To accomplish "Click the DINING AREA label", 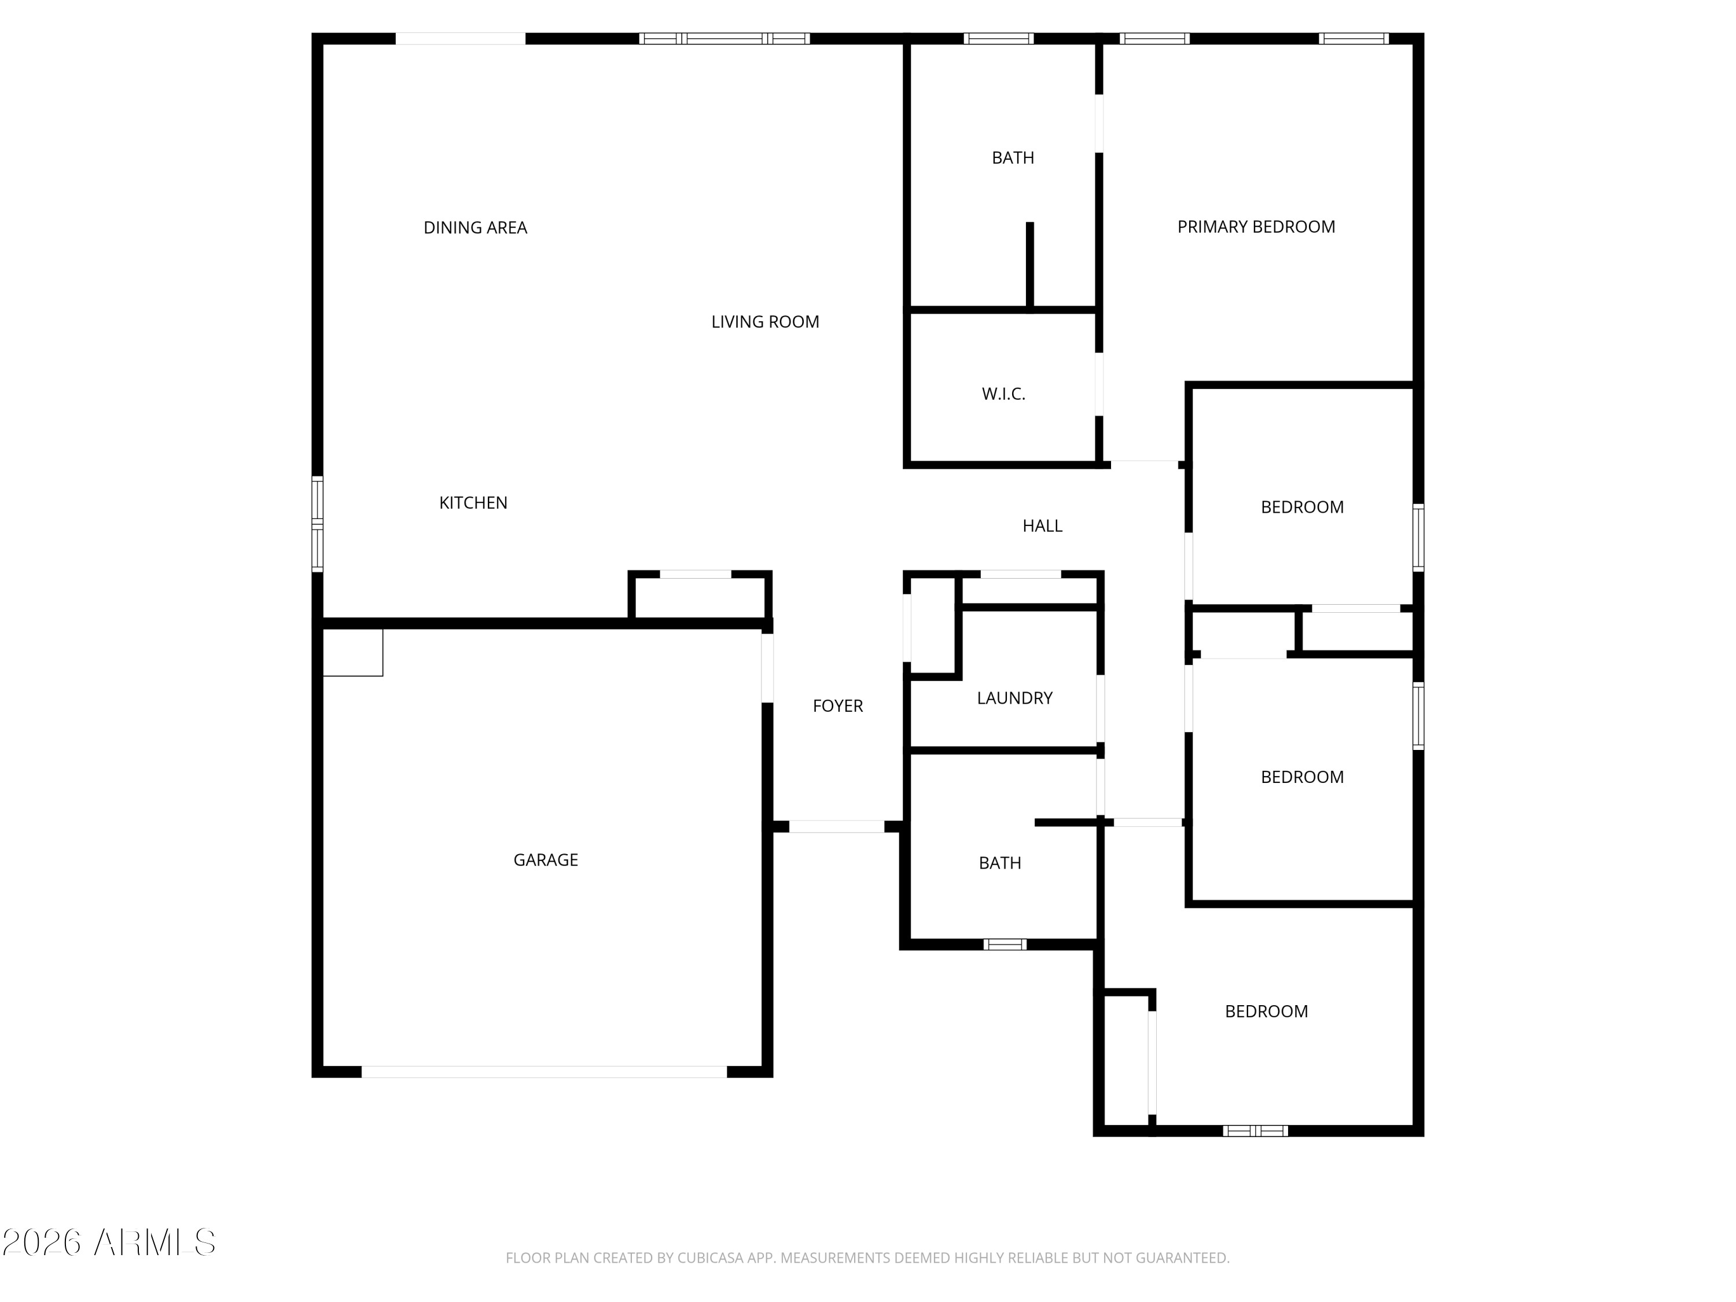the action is tap(475, 227).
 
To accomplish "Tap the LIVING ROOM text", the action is tap(765, 322).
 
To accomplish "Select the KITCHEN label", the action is tap(473, 503).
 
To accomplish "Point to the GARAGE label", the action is tap(546, 860).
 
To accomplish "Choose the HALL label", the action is tap(1042, 526).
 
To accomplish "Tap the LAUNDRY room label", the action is tap(1015, 698).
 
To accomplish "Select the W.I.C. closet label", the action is tap(1004, 394).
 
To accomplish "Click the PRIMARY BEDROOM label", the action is tap(1256, 227).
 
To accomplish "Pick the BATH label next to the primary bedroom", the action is tap(1013, 158).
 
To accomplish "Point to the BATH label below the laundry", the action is tap(1000, 863).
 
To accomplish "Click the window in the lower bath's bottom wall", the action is tap(1005, 944).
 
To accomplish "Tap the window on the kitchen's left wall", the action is tap(317, 524).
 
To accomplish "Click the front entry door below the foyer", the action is tap(837, 826).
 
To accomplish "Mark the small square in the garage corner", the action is tap(353, 652).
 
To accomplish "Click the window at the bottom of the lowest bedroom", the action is tap(1256, 1131).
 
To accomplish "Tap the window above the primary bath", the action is tap(998, 38).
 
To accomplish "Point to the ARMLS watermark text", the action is tap(155, 1242).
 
